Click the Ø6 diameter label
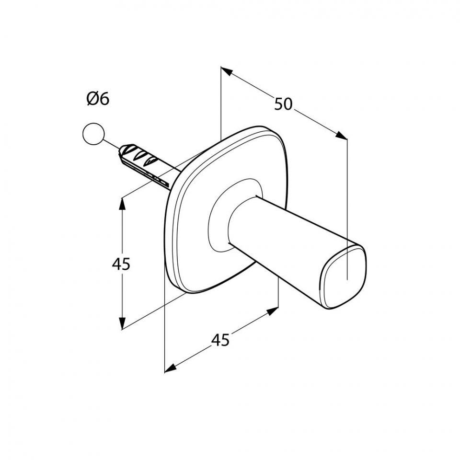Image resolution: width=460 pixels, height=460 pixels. pyautogui.click(x=98, y=99)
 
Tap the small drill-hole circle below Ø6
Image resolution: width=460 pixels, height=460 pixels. pyautogui.click(x=93, y=134)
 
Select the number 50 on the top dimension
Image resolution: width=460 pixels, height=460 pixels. pyautogui.click(x=283, y=104)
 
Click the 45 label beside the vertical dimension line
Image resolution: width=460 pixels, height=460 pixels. pyautogui.click(x=121, y=264)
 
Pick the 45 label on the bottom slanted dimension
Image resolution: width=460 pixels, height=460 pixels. pyautogui.click(x=220, y=340)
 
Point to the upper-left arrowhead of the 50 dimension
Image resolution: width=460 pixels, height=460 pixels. pyautogui.click(x=227, y=71)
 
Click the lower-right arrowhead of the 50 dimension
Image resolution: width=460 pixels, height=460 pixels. pyautogui.click(x=341, y=135)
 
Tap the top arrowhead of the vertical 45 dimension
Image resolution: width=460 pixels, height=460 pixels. pyautogui.click(x=122, y=204)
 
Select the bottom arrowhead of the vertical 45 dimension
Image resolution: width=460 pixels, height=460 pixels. pyautogui.click(x=122, y=323)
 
